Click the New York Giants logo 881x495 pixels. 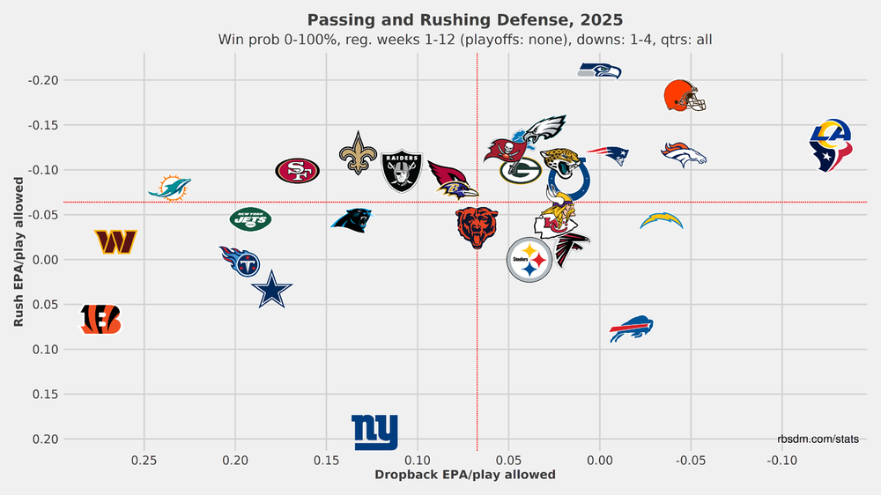tap(374, 432)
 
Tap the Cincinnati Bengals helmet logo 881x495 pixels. tap(100, 320)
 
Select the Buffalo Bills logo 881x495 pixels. tap(631, 329)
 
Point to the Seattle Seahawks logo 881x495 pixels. tap(600, 70)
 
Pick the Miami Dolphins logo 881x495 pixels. tap(169, 188)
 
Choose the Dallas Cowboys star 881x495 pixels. tap(271, 290)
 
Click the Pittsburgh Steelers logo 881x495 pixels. tap(529, 260)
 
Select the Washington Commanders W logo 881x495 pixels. tap(115, 241)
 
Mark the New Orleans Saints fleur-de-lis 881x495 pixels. tap(357, 152)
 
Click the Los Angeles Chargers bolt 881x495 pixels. tap(661, 220)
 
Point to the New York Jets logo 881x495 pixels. tap(250, 218)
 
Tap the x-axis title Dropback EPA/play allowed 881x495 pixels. tap(465, 475)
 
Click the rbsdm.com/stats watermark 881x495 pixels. tap(818, 438)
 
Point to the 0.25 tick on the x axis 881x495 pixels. tap(144, 460)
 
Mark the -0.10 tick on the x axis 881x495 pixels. tap(782, 460)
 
